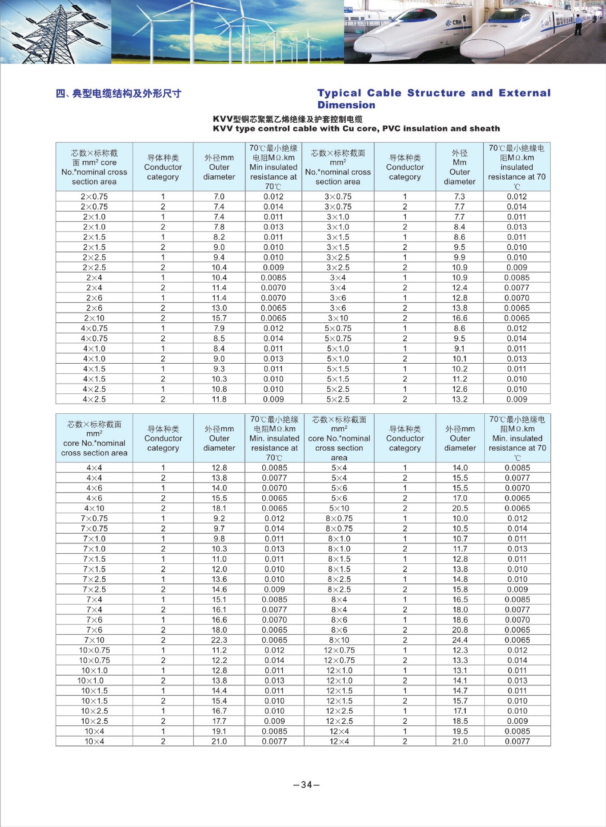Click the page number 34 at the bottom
click(x=306, y=784)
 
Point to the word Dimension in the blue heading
click(x=346, y=105)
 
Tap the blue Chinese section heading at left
click(x=119, y=94)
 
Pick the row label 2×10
click(x=94, y=318)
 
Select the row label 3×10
click(x=338, y=318)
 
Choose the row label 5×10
click(x=339, y=508)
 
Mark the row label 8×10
click(x=339, y=640)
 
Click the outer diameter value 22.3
click(x=219, y=640)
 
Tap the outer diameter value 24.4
click(x=460, y=640)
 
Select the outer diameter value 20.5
click(x=460, y=508)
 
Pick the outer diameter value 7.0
click(x=219, y=197)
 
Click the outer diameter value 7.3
click(x=459, y=197)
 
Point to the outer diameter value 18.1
click(x=219, y=508)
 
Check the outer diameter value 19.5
click(x=460, y=731)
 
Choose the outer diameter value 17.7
click(x=219, y=721)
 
